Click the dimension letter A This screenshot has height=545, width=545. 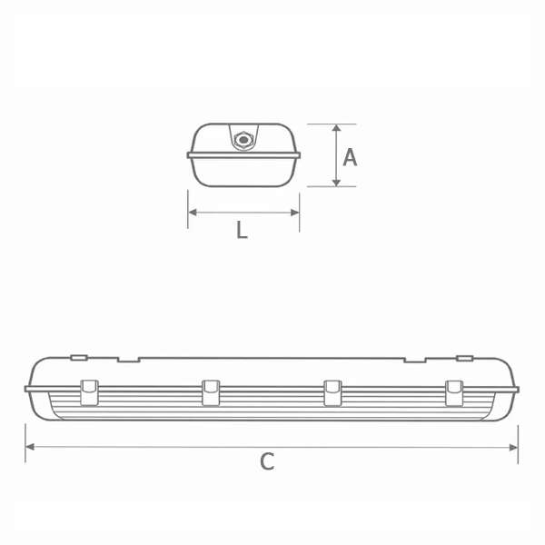(350, 157)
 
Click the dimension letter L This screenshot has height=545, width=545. (242, 230)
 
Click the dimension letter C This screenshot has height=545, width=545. (267, 461)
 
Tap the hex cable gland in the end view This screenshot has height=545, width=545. (243, 140)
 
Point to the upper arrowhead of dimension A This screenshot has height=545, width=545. (336, 127)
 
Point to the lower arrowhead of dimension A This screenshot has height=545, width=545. (336, 183)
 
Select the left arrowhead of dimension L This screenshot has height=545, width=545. (193, 212)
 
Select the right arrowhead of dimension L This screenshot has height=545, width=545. (295, 213)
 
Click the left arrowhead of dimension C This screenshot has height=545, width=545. (30, 447)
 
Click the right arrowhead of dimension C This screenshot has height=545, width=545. (514, 447)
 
